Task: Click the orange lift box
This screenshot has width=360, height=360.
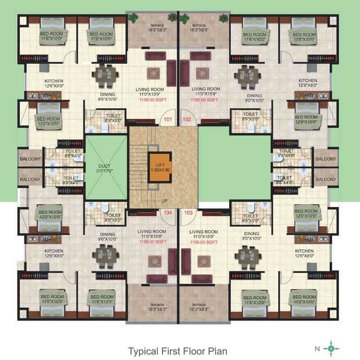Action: (x=160, y=167)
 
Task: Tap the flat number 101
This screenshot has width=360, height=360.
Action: (x=168, y=119)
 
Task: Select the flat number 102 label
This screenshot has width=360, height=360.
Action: (x=187, y=119)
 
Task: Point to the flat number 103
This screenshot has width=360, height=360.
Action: (x=188, y=212)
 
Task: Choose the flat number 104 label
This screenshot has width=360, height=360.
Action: (x=167, y=212)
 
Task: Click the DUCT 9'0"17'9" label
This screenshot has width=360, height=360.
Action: (x=104, y=168)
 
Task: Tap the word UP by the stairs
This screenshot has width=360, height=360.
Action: (x=164, y=201)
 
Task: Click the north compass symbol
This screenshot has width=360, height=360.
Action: (x=331, y=348)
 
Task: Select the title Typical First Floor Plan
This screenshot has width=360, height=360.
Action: (x=178, y=351)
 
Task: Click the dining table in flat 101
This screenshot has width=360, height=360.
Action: (x=105, y=76)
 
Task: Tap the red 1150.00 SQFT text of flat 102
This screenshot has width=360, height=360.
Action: (x=204, y=100)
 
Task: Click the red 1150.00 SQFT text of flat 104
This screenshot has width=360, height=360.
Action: (x=153, y=242)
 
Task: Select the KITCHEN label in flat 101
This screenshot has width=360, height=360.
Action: (x=54, y=81)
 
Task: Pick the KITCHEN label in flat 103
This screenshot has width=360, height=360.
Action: (x=304, y=251)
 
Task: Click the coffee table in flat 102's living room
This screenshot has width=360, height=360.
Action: (x=202, y=73)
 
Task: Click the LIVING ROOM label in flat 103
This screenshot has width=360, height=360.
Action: (x=204, y=232)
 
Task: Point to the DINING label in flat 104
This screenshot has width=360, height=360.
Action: (x=108, y=234)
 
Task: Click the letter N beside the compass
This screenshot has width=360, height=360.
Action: (x=317, y=349)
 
